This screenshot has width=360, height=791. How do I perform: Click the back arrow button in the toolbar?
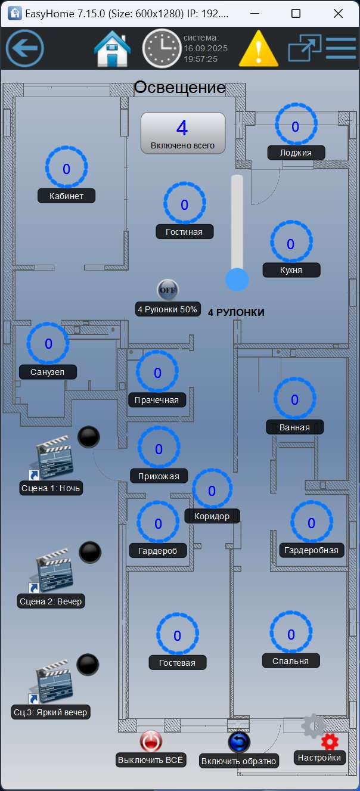[25, 48]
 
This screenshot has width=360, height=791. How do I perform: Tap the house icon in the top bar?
[113, 48]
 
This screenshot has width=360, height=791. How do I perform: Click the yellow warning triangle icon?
[258, 49]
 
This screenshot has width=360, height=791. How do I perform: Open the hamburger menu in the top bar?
[340, 48]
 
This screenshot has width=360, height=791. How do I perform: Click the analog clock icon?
[161, 48]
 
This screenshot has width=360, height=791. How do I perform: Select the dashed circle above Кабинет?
[66, 169]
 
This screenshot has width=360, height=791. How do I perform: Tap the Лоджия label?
[296, 153]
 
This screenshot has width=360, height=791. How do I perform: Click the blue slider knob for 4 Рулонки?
[237, 279]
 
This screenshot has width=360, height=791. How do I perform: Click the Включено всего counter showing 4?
[182, 134]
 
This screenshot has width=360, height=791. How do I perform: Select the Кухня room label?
[291, 270]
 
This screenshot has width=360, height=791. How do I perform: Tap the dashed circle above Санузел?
[48, 343]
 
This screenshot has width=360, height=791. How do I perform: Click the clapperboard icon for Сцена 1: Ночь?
[54, 458]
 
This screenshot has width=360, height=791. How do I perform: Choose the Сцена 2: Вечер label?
[51, 601]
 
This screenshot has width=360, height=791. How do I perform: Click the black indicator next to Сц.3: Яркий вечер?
[88, 665]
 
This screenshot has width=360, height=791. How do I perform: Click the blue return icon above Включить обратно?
[239, 742]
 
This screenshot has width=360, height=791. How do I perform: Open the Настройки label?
[319, 758]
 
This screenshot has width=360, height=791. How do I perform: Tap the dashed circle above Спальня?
[291, 634]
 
